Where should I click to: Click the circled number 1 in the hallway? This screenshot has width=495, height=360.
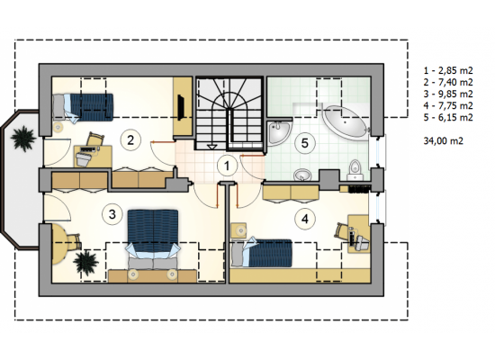click(227, 166)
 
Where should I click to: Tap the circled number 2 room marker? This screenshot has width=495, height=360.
click(130, 139)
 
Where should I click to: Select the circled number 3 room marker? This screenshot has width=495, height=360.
click(112, 214)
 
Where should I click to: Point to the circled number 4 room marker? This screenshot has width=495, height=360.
click(304, 219)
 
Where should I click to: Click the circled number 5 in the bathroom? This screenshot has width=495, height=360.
click(304, 143)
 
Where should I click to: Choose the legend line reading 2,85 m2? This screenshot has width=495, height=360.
click(448, 70)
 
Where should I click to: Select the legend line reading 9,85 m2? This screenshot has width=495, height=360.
click(448, 94)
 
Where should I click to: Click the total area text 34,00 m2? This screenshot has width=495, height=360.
click(443, 140)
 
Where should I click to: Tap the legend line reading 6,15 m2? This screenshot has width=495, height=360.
click(448, 118)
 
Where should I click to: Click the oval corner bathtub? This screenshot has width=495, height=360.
click(346, 122)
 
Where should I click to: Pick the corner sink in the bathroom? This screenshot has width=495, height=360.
click(279, 131)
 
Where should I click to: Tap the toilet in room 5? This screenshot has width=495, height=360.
click(355, 170)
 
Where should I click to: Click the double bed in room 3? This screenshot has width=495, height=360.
click(153, 240)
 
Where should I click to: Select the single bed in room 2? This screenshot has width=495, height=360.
click(83, 107)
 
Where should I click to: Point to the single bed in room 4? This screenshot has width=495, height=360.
click(262, 253)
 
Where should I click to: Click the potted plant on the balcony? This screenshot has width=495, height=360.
click(23, 139)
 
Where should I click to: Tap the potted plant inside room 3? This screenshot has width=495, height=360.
click(85, 261)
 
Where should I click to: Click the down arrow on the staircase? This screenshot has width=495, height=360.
click(211, 146)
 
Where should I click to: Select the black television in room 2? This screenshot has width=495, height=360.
click(181, 107)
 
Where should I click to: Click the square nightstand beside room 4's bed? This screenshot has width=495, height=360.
click(239, 230)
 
